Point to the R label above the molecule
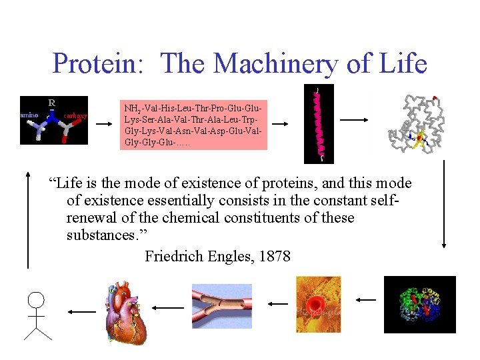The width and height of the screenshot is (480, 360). click(51, 102)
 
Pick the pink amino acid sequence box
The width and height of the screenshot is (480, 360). click(193, 125)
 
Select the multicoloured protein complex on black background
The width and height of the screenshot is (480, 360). click(419, 305)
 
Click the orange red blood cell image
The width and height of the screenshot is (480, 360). click(318, 305)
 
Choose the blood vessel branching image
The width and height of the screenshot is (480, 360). click(222, 306)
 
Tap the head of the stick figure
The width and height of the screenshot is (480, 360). click(36, 301)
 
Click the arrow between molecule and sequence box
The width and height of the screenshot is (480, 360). click(103, 124)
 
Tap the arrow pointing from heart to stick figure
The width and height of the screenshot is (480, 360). click(81, 311)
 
